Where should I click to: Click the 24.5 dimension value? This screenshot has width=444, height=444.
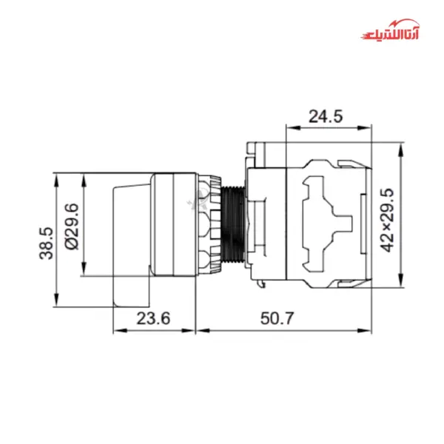326,116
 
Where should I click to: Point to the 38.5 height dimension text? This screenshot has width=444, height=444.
45,243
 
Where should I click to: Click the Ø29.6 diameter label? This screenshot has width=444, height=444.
72,226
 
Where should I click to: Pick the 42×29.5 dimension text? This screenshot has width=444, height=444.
386,220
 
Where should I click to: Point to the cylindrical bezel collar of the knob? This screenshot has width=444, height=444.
174,224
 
